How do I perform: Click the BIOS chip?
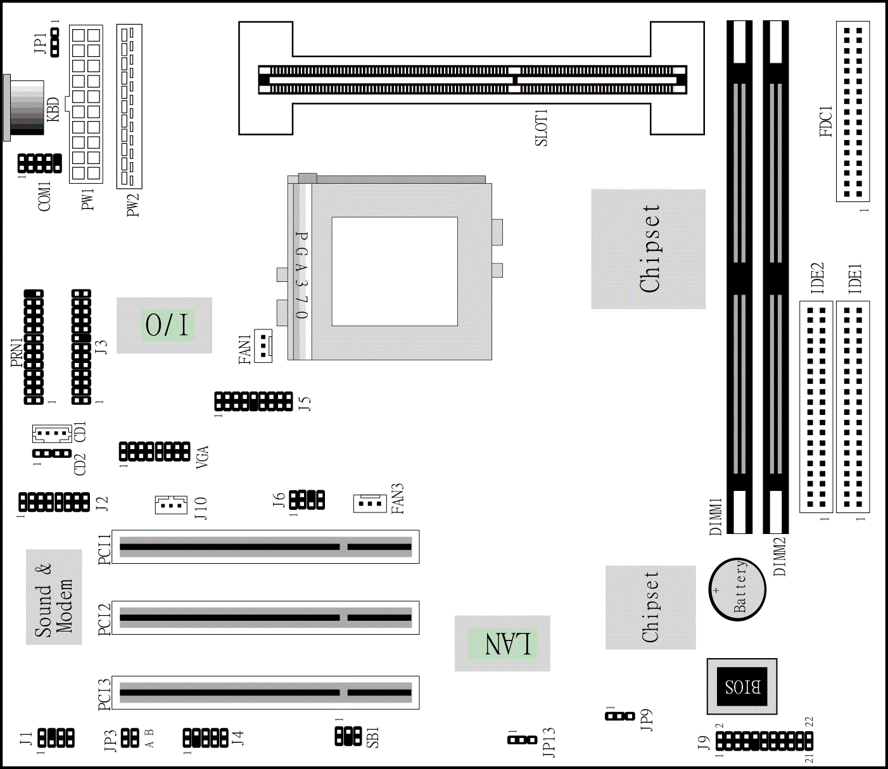742,686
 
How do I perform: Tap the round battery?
737,589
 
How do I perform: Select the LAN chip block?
502,643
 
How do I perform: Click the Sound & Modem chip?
54,597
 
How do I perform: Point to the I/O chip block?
164,325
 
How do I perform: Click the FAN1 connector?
262,345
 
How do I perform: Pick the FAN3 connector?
370,503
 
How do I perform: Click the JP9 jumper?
619,716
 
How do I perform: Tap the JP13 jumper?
522,739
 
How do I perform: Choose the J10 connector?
171,504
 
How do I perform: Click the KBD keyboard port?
25,108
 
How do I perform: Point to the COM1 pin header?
40,163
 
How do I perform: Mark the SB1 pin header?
348,735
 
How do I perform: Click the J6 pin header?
307,500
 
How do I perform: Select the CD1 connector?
51,434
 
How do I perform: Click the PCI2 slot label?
105,618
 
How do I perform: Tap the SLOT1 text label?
542,127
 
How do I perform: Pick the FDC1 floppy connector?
853,111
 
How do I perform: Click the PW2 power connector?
129,106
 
